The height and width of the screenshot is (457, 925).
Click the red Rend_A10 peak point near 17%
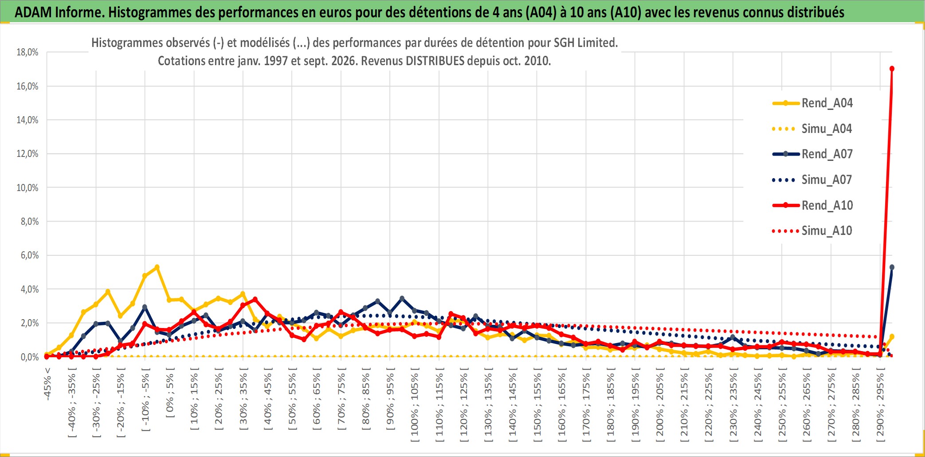click(x=892, y=69)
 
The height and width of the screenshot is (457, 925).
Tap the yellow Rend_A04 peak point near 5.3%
click(x=157, y=267)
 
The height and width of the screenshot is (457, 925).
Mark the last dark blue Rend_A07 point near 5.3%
click(x=892, y=267)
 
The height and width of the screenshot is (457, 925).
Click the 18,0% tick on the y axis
click(x=27, y=52)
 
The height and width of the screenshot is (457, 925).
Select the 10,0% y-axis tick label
click(x=27, y=187)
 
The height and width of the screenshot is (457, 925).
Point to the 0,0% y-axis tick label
click(x=30, y=357)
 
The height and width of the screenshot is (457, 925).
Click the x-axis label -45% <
click(x=47, y=384)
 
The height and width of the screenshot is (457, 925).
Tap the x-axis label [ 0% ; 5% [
click(x=170, y=392)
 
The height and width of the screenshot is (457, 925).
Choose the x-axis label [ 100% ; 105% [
click(x=415, y=405)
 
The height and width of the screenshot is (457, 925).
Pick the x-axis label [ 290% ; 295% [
click(x=880, y=405)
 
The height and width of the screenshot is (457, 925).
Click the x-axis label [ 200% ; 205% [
click(x=660, y=405)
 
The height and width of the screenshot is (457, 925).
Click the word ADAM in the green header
click(x=33, y=12)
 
